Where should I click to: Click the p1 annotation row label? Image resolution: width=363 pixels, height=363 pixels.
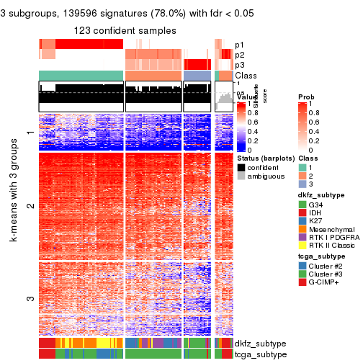pos(240,45)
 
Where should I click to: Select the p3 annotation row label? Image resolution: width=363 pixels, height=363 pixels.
pos(240,65)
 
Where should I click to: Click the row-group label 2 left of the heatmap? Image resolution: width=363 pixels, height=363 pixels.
pos(30,207)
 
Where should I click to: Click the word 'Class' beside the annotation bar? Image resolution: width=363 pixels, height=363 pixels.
pos(246,76)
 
